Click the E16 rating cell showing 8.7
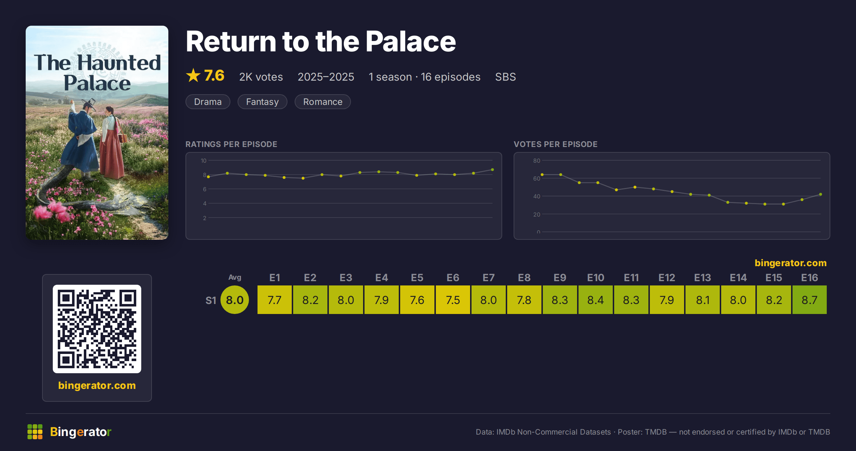point(809,300)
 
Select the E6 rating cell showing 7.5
point(453,300)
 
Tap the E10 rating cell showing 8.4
point(595,300)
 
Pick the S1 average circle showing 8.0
point(235,300)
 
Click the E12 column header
point(667,278)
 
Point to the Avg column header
point(235,277)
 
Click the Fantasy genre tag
point(262,102)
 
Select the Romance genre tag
point(322,102)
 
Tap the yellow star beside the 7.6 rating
point(193,75)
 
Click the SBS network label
point(505,77)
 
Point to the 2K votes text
point(261,77)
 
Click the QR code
point(97,329)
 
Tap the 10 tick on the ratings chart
point(203,161)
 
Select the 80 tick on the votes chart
point(536,161)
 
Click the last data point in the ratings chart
point(493,169)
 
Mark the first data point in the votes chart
point(542,174)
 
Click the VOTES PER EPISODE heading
point(555,144)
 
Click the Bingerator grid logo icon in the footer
point(35,432)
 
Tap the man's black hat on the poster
point(89,103)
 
